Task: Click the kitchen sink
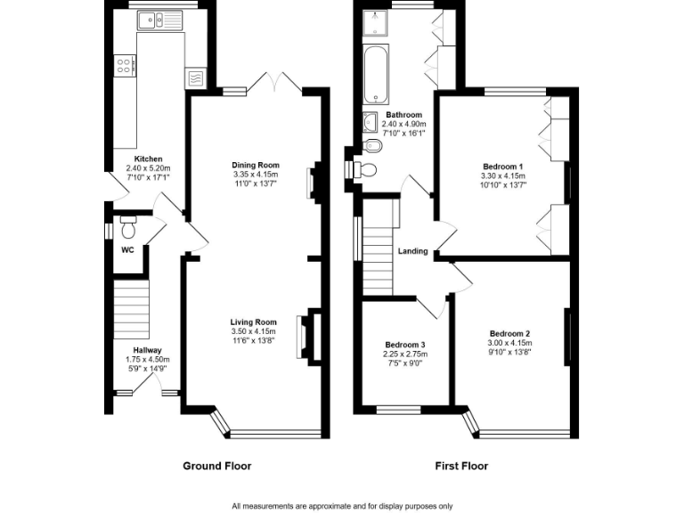[x=159, y=19]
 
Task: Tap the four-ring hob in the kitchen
[x=126, y=65]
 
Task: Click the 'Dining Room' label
[x=256, y=165]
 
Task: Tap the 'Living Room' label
[x=254, y=322]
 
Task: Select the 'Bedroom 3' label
[x=404, y=346]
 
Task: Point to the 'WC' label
[x=127, y=250]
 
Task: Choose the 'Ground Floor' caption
[x=216, y=466]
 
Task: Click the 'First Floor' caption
[x=460, y=466]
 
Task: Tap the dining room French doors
[x=275, y=82]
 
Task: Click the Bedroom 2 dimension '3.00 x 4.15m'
[x=509, y=343]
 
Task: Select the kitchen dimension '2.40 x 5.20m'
[x=148, y=168]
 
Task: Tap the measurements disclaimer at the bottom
[x=342, y=506]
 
